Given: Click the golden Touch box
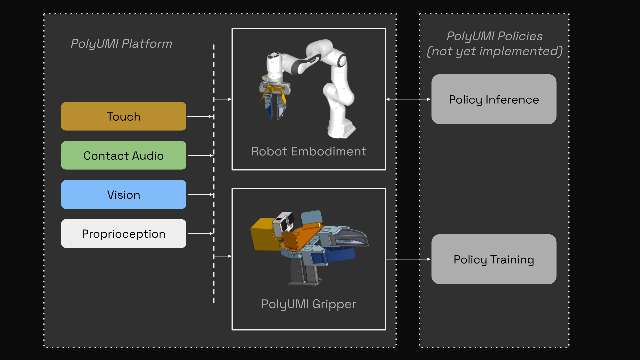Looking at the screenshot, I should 123,116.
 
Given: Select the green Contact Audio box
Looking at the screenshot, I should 123,155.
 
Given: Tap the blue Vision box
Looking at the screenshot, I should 123,194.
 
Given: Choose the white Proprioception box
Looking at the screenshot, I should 123,233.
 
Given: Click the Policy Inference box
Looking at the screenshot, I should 494,99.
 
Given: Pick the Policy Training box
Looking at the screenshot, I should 494,259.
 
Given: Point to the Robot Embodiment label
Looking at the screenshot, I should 309,151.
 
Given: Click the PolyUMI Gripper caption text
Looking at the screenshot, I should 309,304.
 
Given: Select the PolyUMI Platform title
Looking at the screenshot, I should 121,44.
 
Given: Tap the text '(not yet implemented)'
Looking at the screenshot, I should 494,51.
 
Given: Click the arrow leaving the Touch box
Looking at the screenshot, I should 200,117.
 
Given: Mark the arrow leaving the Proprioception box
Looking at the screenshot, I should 200,233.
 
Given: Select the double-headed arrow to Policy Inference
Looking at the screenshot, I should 408,99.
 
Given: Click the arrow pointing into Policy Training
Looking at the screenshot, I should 408,259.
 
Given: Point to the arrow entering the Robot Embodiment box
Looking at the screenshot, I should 223,99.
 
